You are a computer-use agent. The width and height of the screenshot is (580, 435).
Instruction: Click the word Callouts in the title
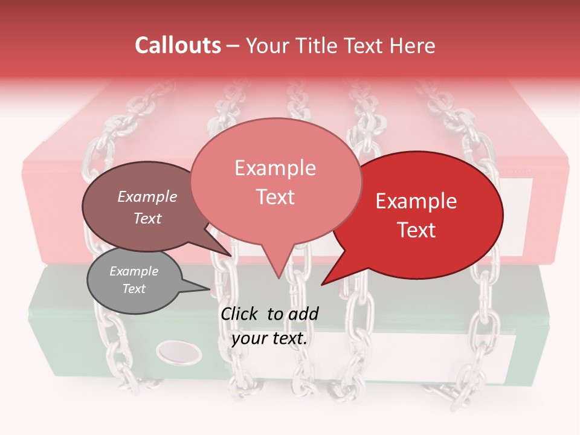coord(178,45)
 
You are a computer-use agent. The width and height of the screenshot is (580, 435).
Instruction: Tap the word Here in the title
coord(411,45)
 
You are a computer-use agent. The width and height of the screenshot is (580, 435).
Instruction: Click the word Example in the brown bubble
coord(147,197)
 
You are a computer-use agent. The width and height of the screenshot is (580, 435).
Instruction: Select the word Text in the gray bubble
coord(134,289)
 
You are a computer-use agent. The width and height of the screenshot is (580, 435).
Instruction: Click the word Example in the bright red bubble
coord(416,202)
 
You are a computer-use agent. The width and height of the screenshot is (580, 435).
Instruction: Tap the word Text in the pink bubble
coord(275,197)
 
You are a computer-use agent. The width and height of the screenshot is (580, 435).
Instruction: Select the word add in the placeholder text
coord(303,314)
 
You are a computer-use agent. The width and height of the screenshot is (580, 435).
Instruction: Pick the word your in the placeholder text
coord(249,338)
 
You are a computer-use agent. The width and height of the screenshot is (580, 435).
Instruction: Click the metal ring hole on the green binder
coord(179,351)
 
